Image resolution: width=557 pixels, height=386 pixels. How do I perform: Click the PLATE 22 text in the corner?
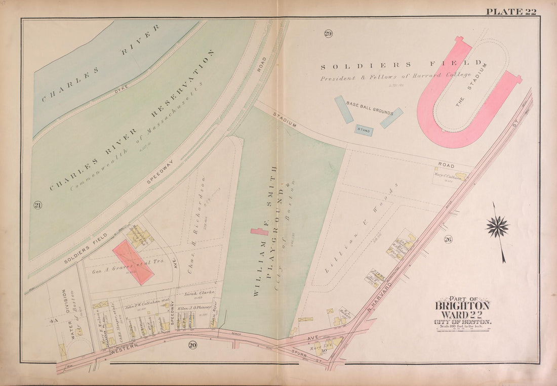(511, 12)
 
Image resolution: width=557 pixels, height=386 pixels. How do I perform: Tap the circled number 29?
(328, 34)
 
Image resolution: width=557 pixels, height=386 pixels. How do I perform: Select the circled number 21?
(37, 205)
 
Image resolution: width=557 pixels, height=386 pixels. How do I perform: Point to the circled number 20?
(192, 345)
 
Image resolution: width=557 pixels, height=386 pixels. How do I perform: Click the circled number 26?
(448, 239)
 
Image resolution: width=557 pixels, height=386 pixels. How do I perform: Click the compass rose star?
(497, 226)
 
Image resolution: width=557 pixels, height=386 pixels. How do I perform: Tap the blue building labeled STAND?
(364, 131)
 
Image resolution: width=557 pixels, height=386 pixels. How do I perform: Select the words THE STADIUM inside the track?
(471, 84)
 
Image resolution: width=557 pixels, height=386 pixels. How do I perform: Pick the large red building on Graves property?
(133, 262)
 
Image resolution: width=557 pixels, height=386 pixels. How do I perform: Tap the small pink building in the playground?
(259, 232)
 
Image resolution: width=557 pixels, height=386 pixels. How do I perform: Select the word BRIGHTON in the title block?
(462, 306)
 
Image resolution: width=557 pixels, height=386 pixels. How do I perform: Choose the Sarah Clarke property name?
(199, 293)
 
